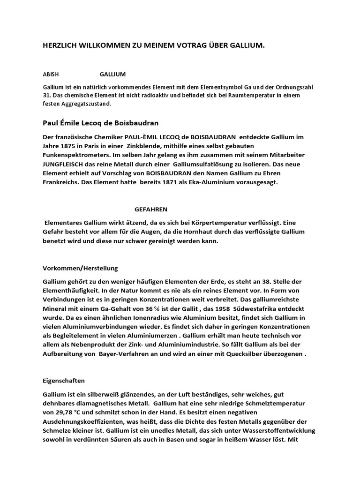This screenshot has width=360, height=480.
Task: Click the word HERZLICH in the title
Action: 60,45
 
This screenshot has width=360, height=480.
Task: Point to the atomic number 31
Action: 46,95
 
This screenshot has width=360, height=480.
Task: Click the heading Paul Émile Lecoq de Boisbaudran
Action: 101,123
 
